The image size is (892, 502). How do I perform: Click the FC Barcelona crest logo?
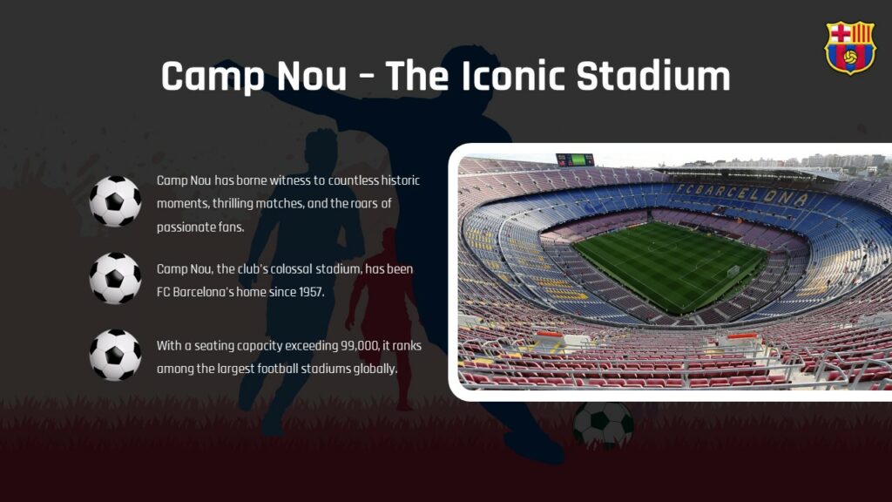click(x=849, y=47)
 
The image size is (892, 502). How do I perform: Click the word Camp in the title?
click(x=212, y=77)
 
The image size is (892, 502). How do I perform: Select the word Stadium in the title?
click(x=653, y=77)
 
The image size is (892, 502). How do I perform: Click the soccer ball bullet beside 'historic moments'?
click(x=115, y=201)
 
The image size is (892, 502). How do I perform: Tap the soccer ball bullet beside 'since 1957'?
click(x=115, y=278)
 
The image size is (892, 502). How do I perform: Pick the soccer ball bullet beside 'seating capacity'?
click(x=115, y=355)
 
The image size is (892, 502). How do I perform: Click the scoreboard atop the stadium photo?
click(x=575, y=159)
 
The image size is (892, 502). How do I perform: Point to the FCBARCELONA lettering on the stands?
click(x=741, y=193)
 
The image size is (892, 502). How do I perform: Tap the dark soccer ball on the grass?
click(x=603, y=425)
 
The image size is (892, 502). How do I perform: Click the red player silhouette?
click(x=383, y=305)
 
